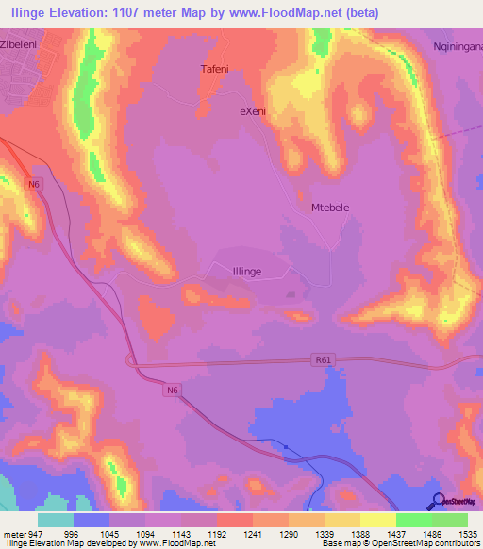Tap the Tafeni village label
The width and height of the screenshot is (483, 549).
coord(215,69)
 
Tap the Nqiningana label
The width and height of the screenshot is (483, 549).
coord(454,44)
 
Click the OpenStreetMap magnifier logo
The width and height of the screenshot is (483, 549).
coord(438,501)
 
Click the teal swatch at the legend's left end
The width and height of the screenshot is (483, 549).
coord(56,520)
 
